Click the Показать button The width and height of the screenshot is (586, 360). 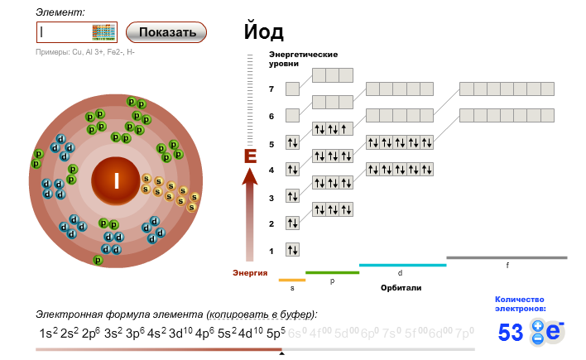click(x=166, y=32)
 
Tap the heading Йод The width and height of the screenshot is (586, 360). click(x=264, y=32)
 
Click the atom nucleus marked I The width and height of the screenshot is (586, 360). click(x=117, y=181)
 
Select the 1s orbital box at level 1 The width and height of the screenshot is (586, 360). click(x=292, y=249)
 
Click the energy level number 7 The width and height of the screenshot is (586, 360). click(x=271, y=89)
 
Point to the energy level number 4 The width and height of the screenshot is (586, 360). click(x=271, y=170)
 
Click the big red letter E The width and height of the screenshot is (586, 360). click(x=250, y=156)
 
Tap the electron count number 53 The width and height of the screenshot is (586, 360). click(x=511, y=333)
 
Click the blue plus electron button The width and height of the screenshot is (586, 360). click(x=538, y=325)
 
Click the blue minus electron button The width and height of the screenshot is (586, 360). click(x=538, y=338)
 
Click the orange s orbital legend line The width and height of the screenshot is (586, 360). click(x=292, y=280)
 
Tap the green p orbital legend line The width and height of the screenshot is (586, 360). click(x=332, y=272)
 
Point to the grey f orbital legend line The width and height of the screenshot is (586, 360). click(x=507, y=257)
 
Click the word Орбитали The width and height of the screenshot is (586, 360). click(x=401, y=287)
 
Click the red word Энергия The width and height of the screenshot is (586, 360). click(x=250, y=272)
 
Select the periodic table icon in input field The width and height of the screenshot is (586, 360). click(x=103, y=32)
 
